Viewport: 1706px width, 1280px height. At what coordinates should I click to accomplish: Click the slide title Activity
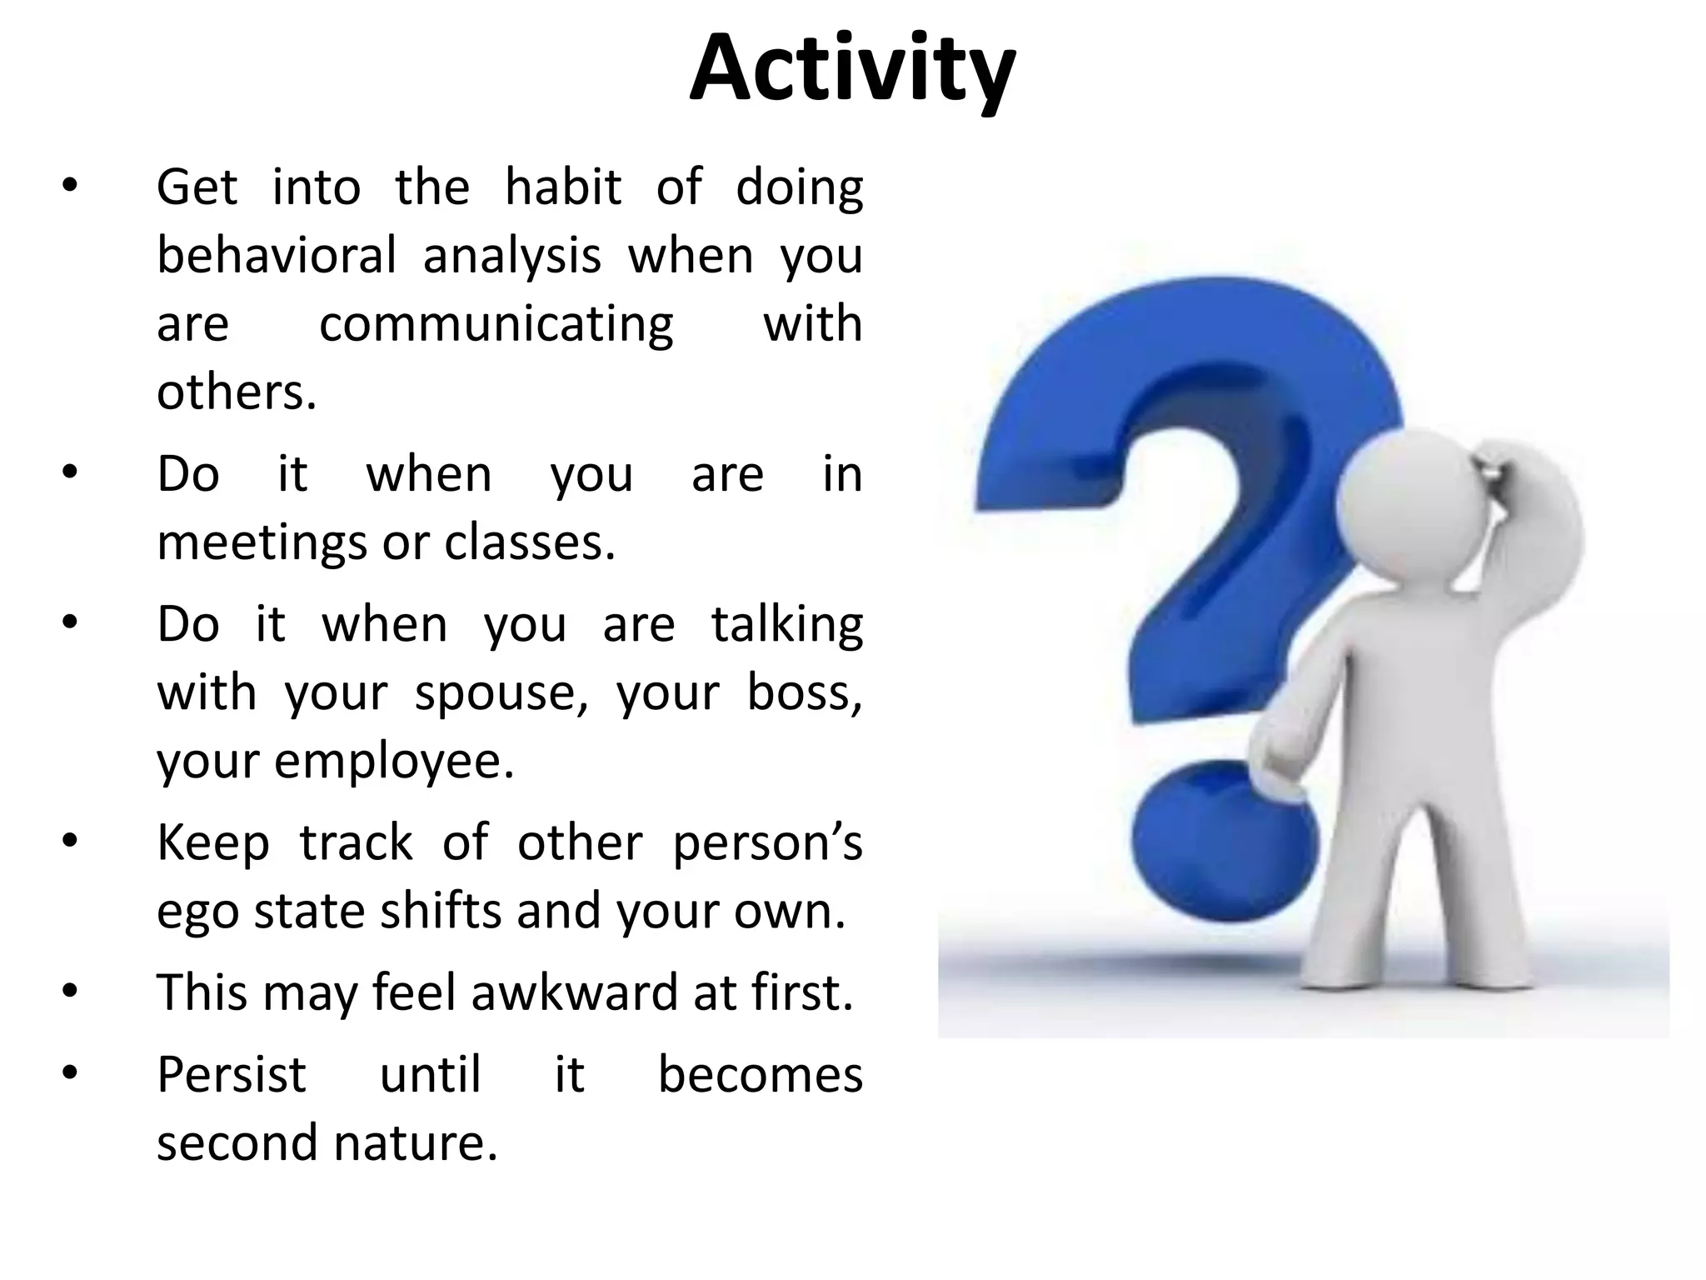(x=852, y=71)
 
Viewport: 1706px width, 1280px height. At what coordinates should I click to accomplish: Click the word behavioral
(x=276, y=255)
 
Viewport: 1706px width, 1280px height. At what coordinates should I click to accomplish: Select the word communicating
(x=496, y=324)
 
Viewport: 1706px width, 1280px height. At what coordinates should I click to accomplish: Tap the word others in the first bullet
(x=236, y=392)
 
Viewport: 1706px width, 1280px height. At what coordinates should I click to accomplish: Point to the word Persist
(x=232, y=1074)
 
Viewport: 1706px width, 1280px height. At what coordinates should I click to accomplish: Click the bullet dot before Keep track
(x=69, y=842)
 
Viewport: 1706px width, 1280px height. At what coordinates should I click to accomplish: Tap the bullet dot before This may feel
(x=69, y=992)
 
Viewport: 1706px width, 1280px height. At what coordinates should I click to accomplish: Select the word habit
(x=563, y=187)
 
